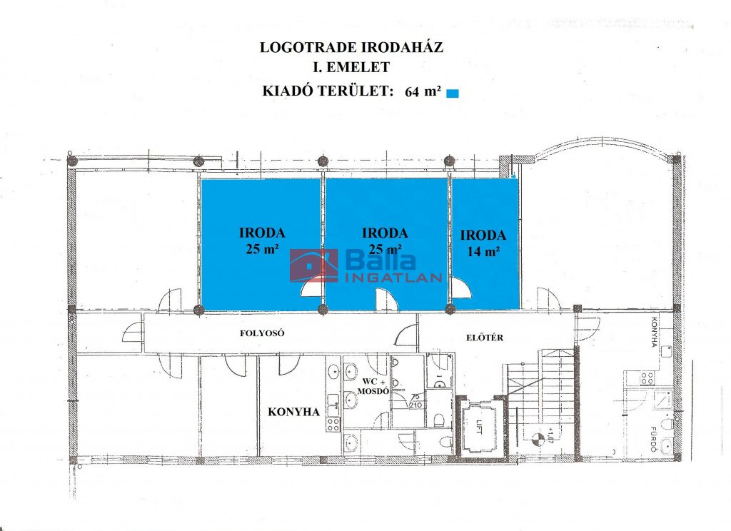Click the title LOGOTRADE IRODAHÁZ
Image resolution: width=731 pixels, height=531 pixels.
tap(351, 47)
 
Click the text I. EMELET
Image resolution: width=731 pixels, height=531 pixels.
tap(351, 67)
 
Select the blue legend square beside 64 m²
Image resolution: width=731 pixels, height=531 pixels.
tap(452, 93)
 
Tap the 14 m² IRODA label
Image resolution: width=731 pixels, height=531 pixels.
tap(483, 243)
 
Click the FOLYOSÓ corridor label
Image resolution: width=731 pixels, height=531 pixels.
tap(262, 333)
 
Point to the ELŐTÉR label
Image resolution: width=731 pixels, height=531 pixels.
tap(485, 338)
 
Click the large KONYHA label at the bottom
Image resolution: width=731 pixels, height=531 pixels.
tap(293, 412)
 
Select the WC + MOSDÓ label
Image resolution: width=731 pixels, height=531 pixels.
tap(373, 386)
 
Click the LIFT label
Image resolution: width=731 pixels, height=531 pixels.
tap(479, 428)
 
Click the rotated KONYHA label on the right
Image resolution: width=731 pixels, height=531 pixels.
tap(654, 333)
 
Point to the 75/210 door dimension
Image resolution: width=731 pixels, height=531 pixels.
tap(415, 401)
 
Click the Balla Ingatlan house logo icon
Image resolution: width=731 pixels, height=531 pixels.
tap(314, 265)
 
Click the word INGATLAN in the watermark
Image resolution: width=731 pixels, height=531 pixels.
tap(393, 278)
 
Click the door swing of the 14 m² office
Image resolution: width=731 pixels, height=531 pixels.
tap(462, 288)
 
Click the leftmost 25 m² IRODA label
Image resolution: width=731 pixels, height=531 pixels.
tap(262, 241)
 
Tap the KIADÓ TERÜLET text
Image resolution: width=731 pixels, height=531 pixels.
tap(326, 91)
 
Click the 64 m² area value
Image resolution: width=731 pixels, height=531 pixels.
tap(423, 91)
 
